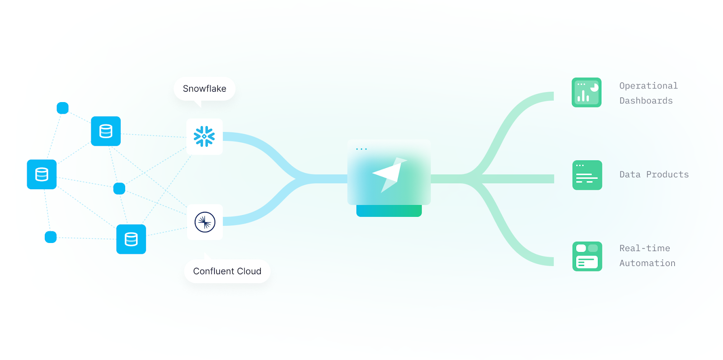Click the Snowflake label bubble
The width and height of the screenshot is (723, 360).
pos(204,89)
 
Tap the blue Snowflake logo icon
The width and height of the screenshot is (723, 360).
pos(204,136)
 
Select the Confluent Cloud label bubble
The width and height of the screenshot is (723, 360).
pos(227,271)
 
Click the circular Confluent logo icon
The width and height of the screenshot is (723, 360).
pos(205,222)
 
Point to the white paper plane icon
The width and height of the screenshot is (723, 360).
pos(388,174)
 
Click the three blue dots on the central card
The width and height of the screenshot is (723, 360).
pos(361,149)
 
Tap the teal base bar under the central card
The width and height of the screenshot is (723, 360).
pos(389,211)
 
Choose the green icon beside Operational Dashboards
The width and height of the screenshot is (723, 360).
pos(587,93)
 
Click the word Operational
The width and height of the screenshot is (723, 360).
pos(648,86)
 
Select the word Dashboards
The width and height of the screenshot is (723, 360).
pos(646,101)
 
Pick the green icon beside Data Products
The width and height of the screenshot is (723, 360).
pos(587,175)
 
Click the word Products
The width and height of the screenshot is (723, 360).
pos(667,175)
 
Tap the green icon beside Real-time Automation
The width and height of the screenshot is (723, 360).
pos(587,257)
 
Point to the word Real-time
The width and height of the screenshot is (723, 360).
pos(644,248)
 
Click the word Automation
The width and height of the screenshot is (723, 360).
pos(647,263)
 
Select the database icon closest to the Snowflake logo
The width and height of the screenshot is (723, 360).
pos(106,131)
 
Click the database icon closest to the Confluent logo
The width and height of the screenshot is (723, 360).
pos(131,239)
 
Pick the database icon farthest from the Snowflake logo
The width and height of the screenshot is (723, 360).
pos(42,174)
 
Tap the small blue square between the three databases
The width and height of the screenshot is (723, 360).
pos(119,188)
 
